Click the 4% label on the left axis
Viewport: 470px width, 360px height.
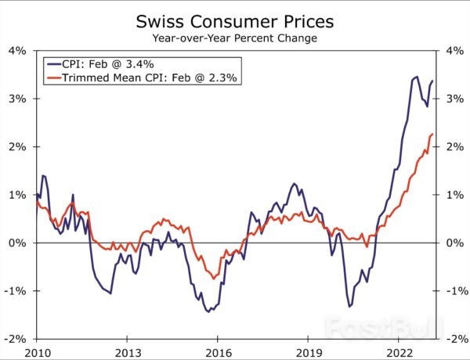pyautogui.click(x=18, y=51)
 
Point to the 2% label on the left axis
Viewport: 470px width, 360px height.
pyautogui.click(x=18, y=147)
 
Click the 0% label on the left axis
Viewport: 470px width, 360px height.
pyautogui.click(x=18, y=243)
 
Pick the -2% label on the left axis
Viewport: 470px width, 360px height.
pyautogui.click(x=16, y=339)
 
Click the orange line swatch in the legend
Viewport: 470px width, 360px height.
pyautogui.click(x=55, y=78)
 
